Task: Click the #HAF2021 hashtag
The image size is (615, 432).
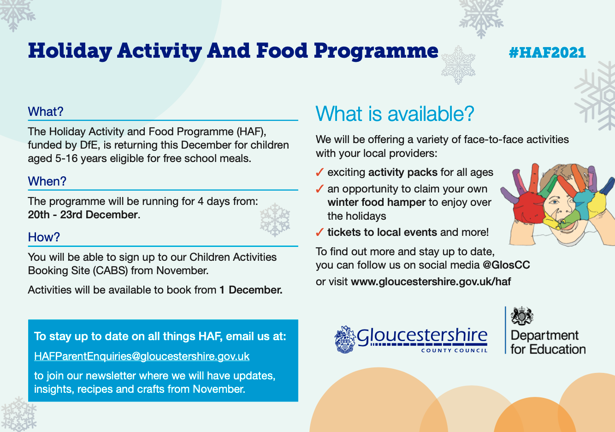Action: coord(547,53)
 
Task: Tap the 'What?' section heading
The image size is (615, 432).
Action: coord(46,112)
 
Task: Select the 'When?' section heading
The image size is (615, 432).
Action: coord(47,181)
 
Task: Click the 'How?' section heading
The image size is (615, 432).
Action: coord(44,237)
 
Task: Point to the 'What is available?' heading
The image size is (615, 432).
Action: coord(395,114)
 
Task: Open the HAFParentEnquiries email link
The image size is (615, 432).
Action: coord(142,356)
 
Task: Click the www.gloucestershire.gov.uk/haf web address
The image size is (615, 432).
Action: coord(431,282)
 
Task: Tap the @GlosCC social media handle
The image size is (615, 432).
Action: coord(506,265)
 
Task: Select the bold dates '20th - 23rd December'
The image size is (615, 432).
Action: coord(84,215)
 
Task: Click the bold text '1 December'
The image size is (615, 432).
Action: coord(251,290)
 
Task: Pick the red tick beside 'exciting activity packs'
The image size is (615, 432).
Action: coord(320,172)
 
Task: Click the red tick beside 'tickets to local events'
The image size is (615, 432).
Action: coord(320,232)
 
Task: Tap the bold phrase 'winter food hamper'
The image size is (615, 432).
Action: coord(377,202)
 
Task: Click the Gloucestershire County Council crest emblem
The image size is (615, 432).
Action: coord(344,340)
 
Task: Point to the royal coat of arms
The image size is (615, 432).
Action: coord(522,316)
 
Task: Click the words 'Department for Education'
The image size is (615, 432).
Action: coord(548,342)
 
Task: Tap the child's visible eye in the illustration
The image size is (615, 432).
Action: coord(555,203)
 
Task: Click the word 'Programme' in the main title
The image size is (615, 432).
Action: coord(376,52)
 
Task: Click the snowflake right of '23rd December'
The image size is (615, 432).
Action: coord(275,220)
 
